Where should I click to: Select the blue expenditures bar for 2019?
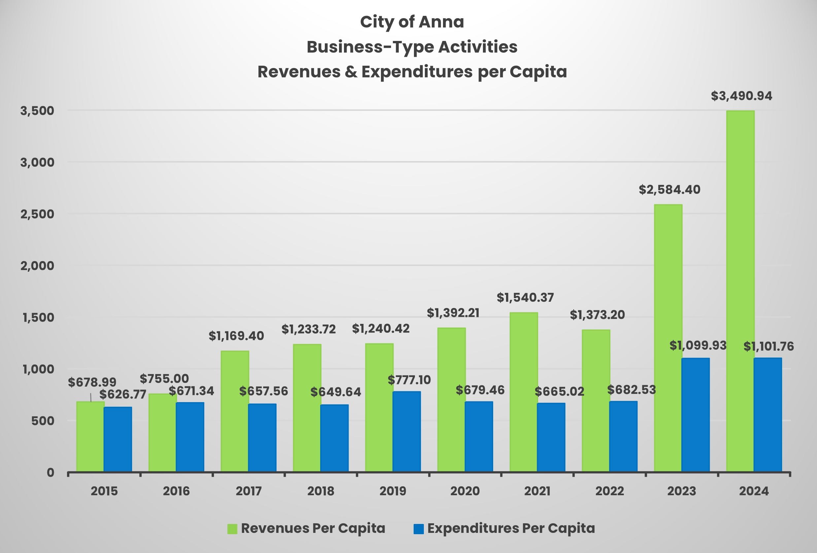pyautogui.click(x=407, y=432)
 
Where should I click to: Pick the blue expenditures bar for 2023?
pyautogui.click(x=696, y=415)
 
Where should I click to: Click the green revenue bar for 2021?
pyautogui.click(x=524, y=392)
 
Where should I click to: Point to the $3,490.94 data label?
pyautogui.click(x=741, y=96)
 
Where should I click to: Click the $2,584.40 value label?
pyautogui.click(x=669, y=190)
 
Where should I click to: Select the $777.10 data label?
pyautogui.click(x=409, y=380)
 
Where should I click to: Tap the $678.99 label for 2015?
pyautogui.click(x=92, y=382)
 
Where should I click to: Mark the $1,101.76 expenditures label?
pyautogui.click(x=768, y=347)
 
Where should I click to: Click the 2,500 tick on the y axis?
pyautogui.click(x=38, y=214)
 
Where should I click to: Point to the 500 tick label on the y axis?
pyautogui.click(x=43, y=421)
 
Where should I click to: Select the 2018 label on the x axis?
pyautogui.click(x=321, y=491)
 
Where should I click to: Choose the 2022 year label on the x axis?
pyautogui.click(x=609, y=491)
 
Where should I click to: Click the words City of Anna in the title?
pyautogui.click(x=412, y=22)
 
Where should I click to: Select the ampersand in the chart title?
pyautogui.click(x=351, y=72)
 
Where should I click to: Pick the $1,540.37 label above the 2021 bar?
pyautogui.click(x=525, y=298)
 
